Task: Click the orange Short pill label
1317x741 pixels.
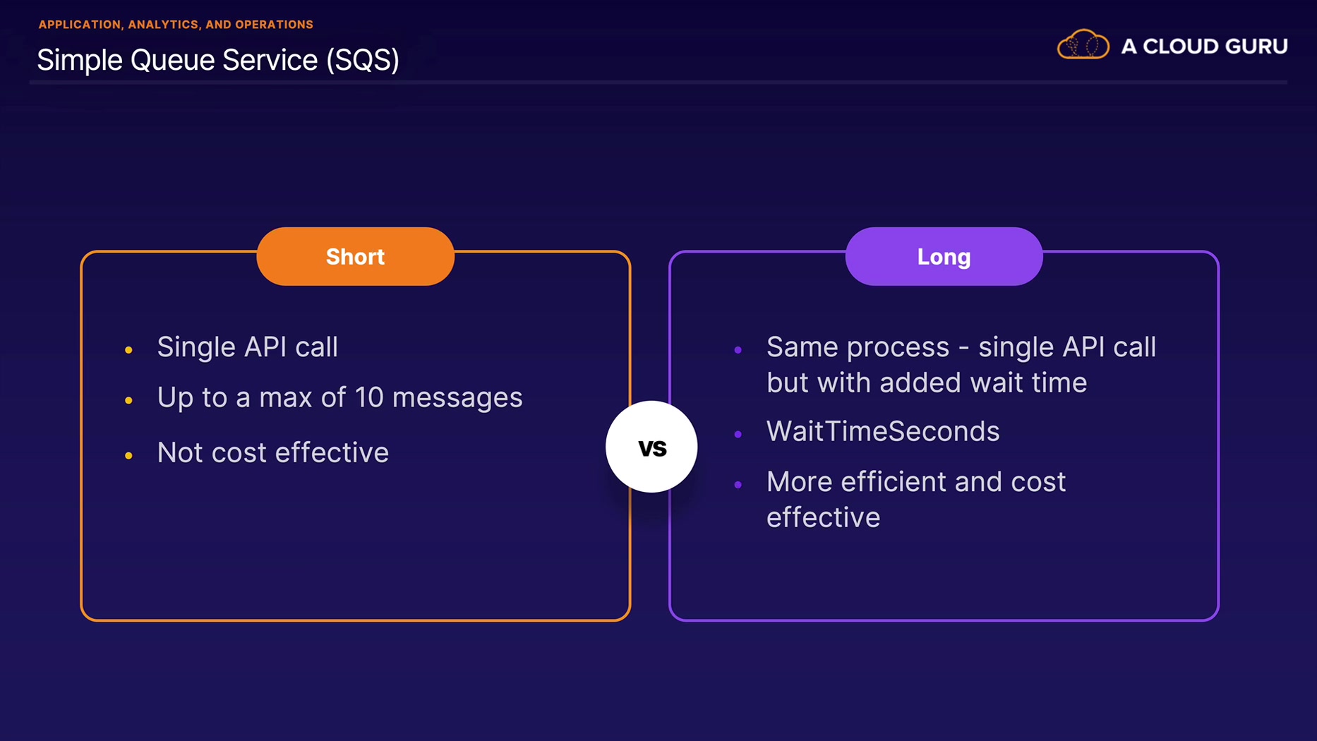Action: (x=355, y=256)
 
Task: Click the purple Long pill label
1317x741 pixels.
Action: (x=944, y=256)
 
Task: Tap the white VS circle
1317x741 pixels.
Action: (x=651, y=447)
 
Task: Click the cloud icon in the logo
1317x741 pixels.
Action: (x=1083, y=44)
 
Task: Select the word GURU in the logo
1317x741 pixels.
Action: (x=1256, y=47)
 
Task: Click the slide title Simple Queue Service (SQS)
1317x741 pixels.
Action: (x=218, y=60)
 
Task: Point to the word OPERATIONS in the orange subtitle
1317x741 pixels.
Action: (x=274, y=25)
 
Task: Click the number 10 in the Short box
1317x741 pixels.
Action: (x=368, y=397)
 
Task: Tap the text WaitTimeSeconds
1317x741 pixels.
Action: (x=883, y=431)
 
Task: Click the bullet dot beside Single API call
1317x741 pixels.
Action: (x=128, y=350)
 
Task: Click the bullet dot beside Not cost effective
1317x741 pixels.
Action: (x=128, y=456)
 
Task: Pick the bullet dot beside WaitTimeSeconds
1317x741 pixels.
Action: (x=738, y=434)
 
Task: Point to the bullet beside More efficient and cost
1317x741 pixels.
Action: (x=738, y=484)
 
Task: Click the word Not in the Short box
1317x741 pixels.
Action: (x=180, y=452)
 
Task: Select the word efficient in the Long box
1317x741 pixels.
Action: (x=892, y=481)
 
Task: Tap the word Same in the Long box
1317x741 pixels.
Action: (x=802, y=347)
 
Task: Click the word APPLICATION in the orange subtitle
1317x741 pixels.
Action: (x=80, y=25)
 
